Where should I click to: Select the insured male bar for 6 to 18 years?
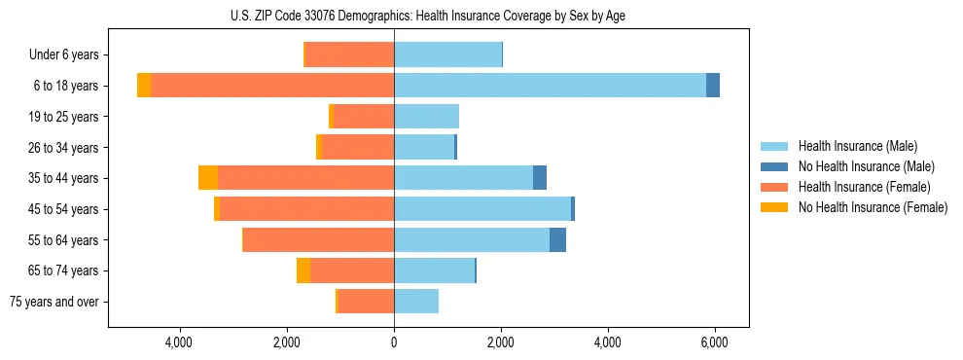pos(550,86)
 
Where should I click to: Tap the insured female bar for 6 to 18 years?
pos(272,86)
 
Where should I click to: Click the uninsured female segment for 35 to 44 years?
pos(208,178)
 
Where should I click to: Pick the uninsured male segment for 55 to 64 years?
pos(557,240)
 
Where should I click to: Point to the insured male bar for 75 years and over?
pos(416,302)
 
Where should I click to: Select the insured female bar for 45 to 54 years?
pos(306,209)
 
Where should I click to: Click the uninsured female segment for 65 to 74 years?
pos(303,270)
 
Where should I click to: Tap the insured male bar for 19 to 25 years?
pos(426,117)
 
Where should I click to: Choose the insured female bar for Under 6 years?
pos(350,54)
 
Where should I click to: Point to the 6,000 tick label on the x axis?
pos(714,343)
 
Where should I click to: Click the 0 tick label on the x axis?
pos(394,343)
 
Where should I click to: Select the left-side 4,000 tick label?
pos(180,343)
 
